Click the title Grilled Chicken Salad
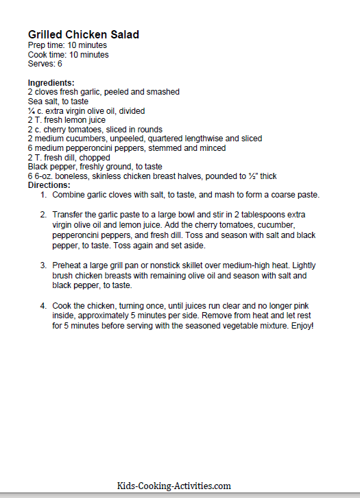pos(84,34)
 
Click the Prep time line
pos(67,45)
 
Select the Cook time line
pos(68,55)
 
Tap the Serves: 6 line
pos(45,64)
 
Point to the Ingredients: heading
pos(51,83)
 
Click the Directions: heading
pos(50,185)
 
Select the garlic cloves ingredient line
pos(104,92)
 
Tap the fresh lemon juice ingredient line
pos(67,120)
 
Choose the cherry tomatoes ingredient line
pos(95,129)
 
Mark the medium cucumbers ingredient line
pos(145,139)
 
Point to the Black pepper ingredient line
pos(95,166)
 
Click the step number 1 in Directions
pos(43,195)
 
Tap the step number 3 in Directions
pos(43,265)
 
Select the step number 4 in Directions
pos(43,305)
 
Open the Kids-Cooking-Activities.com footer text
pos(173,486)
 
